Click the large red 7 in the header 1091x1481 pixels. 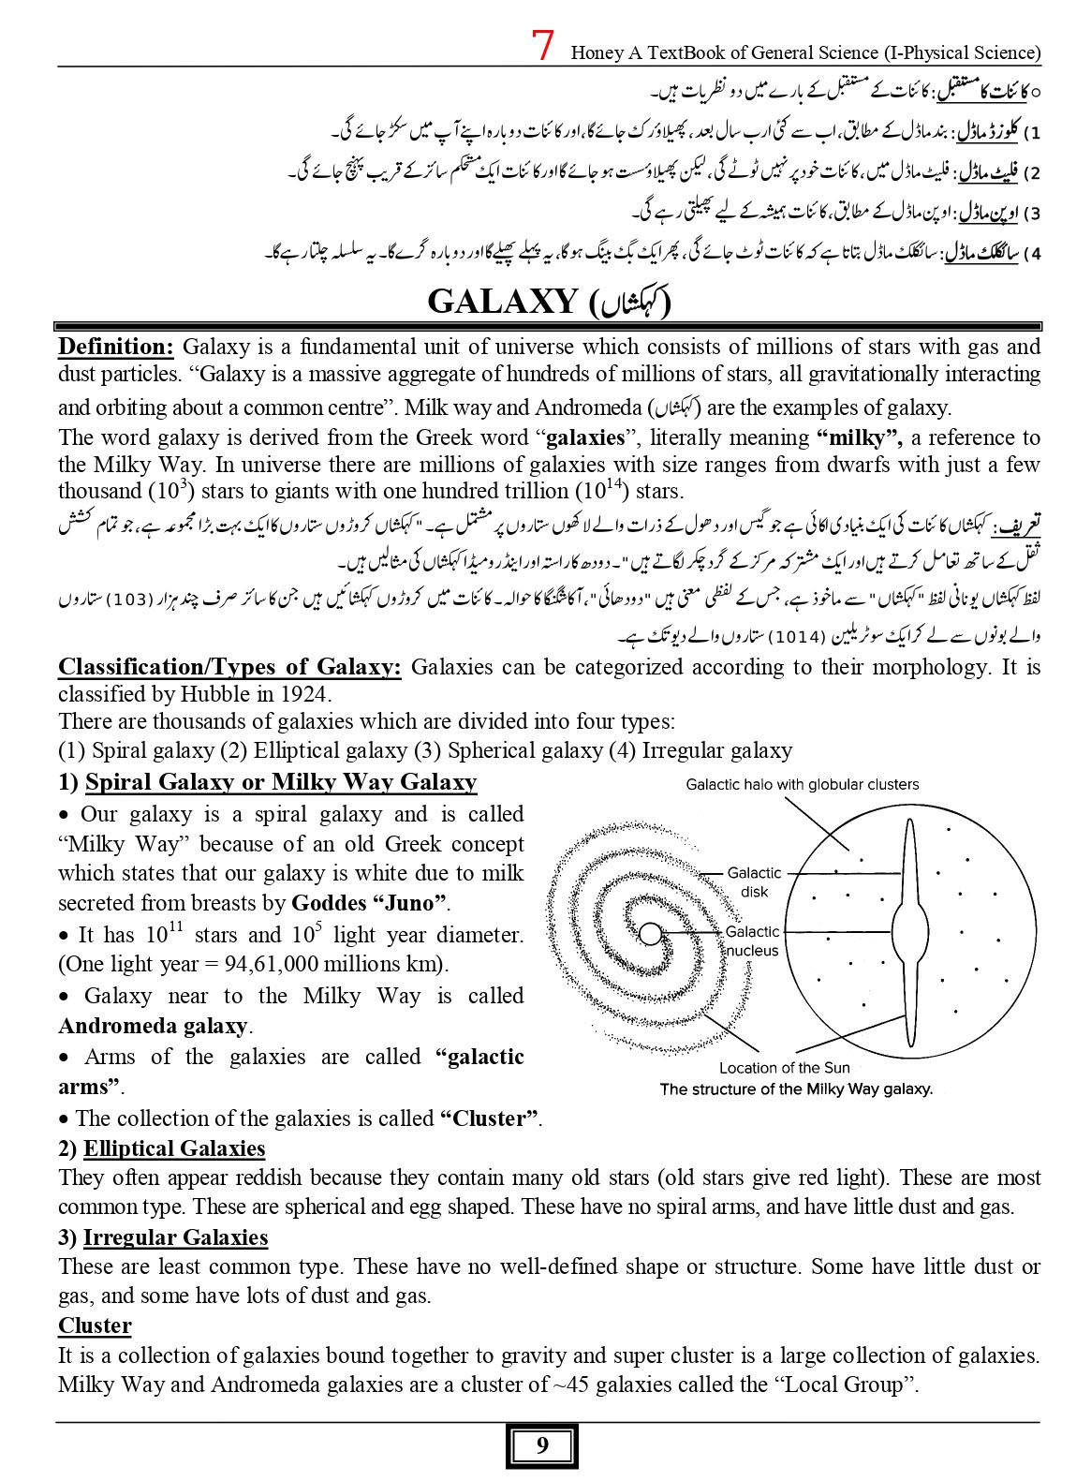[x=541, y=45]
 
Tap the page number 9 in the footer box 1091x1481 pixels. [x=543, y=1446]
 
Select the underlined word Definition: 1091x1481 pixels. [x=116, y=347]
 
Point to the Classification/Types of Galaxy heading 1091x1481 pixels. [x=229, y=667]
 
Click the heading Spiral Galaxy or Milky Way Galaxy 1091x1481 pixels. [x=280, y=782]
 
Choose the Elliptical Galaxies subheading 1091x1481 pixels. [x=174, y=1148]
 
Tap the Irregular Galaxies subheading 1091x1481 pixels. [x=175, y=1237]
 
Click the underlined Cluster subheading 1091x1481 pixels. [x=95, y=1325]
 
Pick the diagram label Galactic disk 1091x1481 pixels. [x=755, y=882]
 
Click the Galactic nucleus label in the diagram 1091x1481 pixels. [x=753, y=940]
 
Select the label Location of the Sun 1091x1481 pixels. [x=785, y=1068]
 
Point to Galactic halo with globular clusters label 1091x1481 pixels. [x=803, y=785]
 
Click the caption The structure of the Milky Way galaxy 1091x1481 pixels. [x=796, y=1089]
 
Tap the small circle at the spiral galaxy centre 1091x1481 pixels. [x=649, y=933]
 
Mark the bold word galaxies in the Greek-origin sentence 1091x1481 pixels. [x=584, y=437]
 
